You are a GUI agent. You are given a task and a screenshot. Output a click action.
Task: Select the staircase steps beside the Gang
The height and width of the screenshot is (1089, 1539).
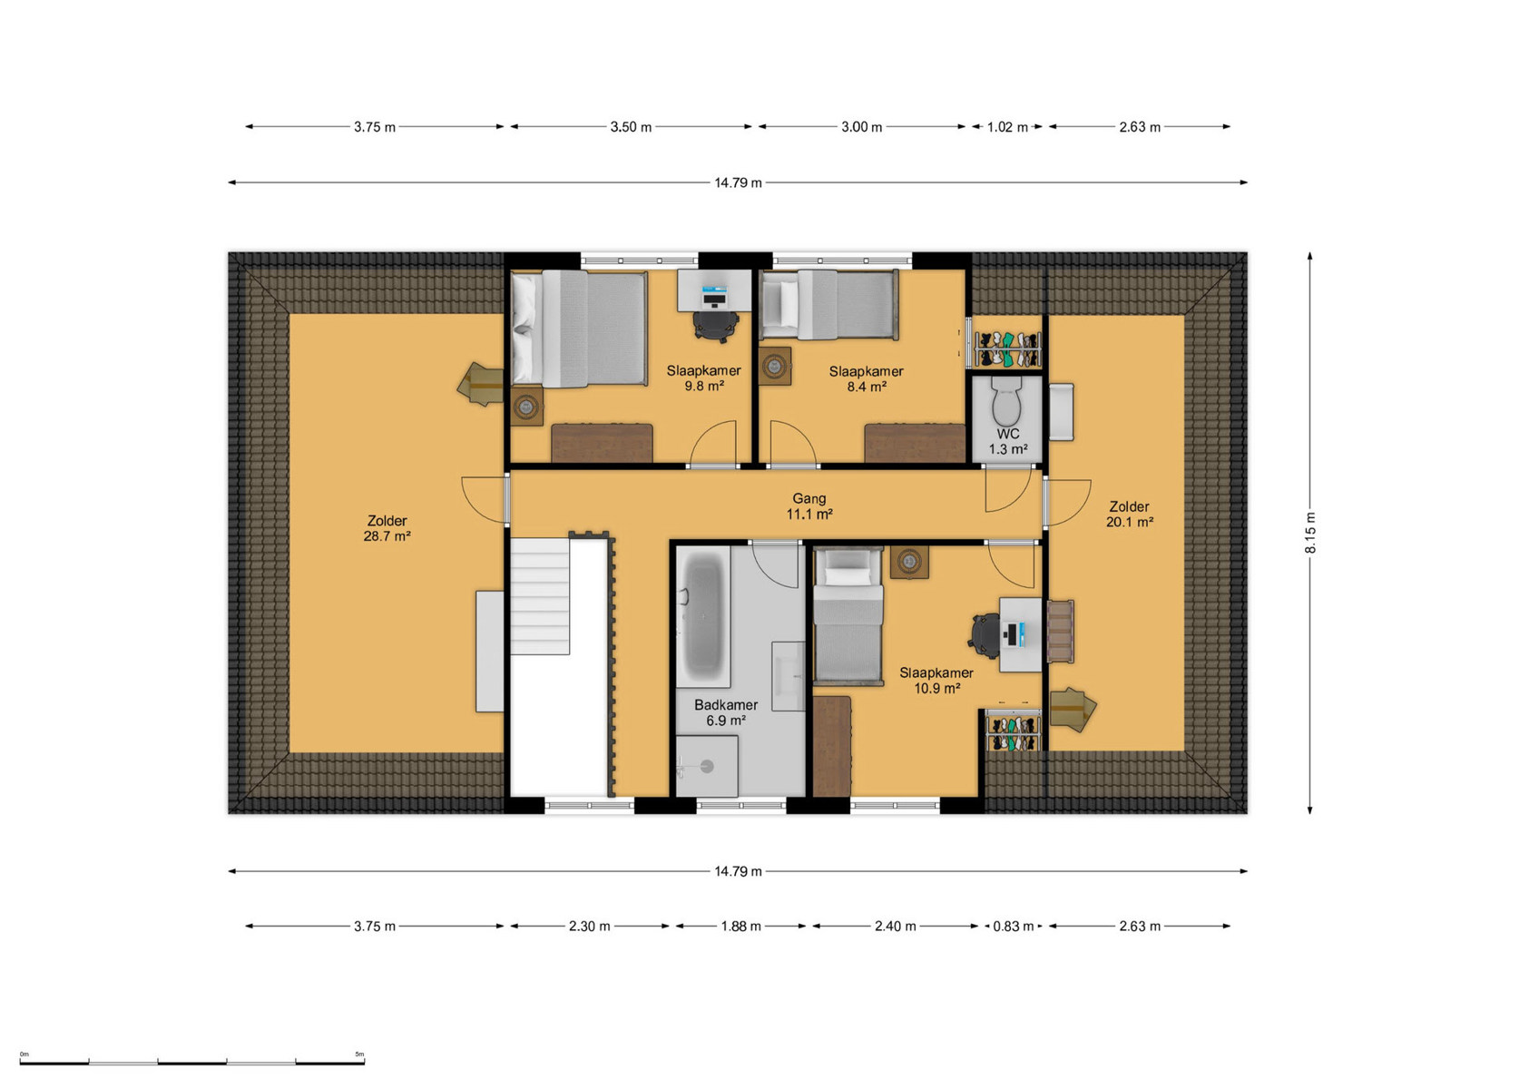tap(540, 596)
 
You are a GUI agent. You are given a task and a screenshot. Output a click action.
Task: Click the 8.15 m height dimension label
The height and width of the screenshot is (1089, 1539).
tap(1311, 533)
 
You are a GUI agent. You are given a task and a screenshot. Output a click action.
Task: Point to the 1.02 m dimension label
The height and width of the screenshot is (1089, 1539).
tap(1007, 127)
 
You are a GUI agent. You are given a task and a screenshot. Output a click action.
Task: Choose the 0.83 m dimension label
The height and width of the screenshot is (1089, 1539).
tap(1014, 927)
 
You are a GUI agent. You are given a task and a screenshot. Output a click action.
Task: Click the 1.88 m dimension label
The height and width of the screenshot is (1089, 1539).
tap(740, 927)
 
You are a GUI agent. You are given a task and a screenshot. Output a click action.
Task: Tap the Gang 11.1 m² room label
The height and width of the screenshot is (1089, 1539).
tap(809, 506)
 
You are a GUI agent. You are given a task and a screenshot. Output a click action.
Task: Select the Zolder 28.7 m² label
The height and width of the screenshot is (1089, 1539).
tap(387, 528)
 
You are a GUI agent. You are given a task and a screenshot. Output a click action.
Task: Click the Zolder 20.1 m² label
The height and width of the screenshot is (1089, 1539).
tap(1130, 514)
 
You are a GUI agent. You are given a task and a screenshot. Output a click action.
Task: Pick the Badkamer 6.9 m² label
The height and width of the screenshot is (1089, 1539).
tap(726, 712)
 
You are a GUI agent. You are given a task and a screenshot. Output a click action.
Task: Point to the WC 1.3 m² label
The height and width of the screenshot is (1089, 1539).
tap(1008, 441)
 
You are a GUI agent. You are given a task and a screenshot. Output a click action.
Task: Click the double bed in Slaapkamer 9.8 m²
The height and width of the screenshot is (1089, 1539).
tap(579, 328)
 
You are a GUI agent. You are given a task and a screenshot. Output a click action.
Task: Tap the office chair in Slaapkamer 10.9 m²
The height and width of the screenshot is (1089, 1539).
tap(985, 635)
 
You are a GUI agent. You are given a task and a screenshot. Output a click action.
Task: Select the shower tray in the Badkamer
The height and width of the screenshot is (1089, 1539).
tap(707, 766)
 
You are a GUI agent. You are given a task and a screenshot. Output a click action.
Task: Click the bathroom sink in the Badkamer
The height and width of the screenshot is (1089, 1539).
tap(788, 676)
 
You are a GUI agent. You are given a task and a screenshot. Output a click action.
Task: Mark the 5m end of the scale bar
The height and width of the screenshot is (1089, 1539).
tap(364, 1064)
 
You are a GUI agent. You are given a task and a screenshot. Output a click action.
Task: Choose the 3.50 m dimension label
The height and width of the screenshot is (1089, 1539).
tap(631, 127)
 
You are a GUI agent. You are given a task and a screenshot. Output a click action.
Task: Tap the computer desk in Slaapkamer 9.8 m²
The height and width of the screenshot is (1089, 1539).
tap(714, 290)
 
